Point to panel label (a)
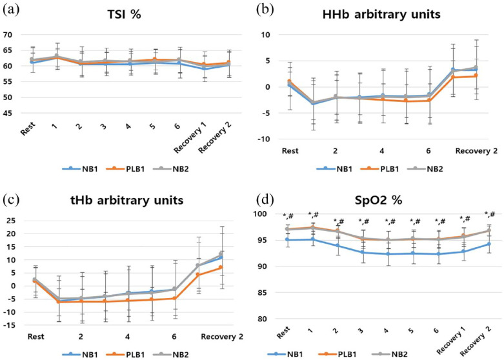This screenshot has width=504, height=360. [x=11, y=10]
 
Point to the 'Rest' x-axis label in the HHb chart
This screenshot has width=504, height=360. [x=289, y=151]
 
